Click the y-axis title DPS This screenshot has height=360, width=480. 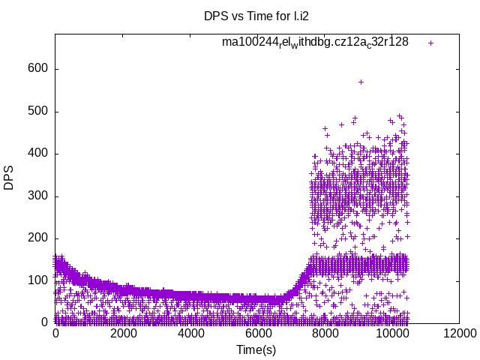tap(9, 178)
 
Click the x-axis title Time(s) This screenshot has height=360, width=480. tap(257, 349)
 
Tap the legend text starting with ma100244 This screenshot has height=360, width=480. tap(315, 42)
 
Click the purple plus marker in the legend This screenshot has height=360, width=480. tap(430, 43)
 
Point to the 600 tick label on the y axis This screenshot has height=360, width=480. tap(39, 69)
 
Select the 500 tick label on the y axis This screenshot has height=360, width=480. tap(39, 111)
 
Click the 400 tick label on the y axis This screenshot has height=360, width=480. tap(39, 154)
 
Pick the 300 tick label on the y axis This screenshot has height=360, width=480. tap(39, 196)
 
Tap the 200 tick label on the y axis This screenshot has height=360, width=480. tap(39, 238)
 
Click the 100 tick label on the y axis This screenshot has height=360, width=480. tap(39, 280)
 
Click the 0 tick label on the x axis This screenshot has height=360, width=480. tap(55, 334)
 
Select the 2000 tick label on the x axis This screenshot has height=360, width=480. tap(123, 334)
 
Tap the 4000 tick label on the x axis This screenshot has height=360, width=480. tap(190, 334)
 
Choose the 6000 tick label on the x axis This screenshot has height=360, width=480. tap(257, 334)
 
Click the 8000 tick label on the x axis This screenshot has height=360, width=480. tap(324, 334)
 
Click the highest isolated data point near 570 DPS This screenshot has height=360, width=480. tap(361, 82)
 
